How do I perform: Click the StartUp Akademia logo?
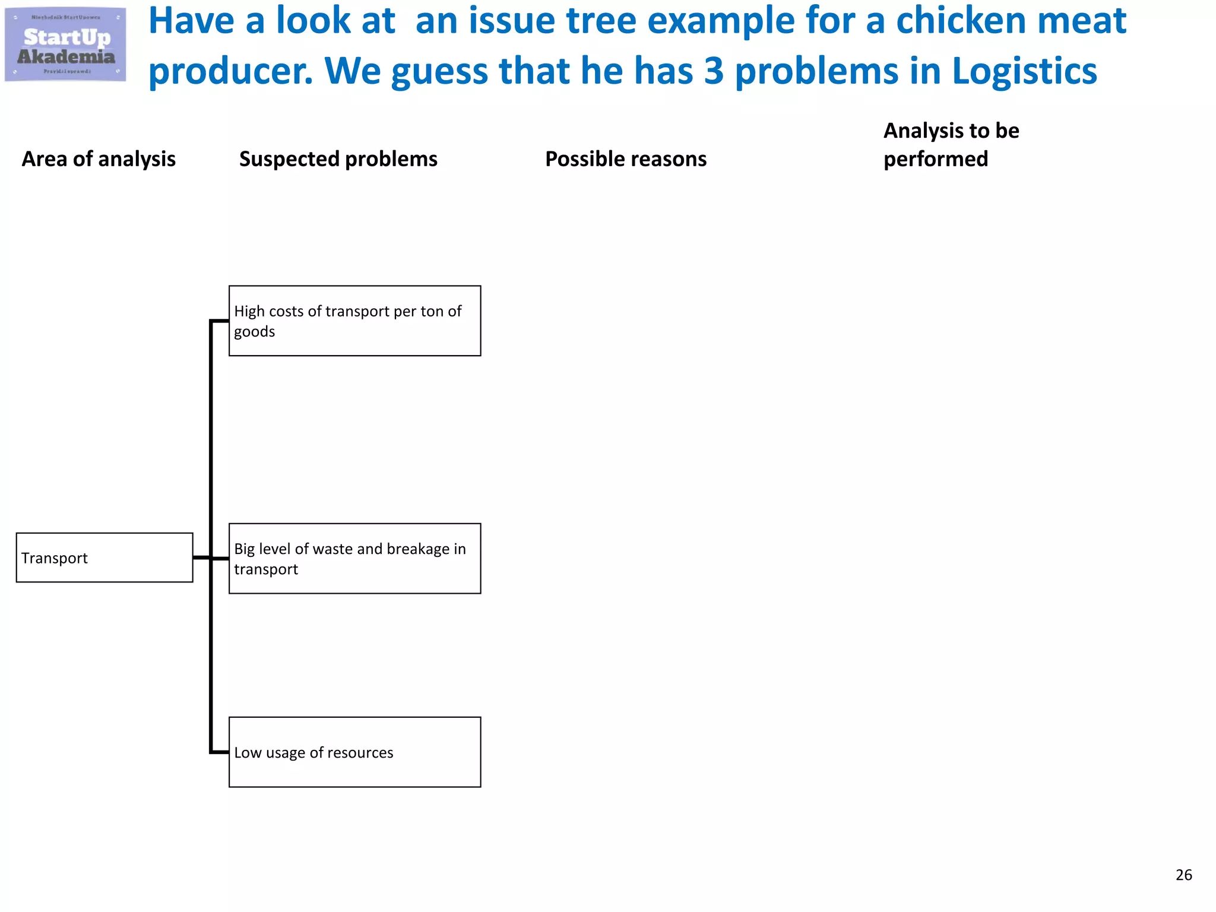point(65,45)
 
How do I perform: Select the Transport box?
point(104,558)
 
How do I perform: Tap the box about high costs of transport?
point(354,321)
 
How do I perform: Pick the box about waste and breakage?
point(354,558)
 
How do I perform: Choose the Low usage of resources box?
point(354,752)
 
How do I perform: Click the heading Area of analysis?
point(99,159)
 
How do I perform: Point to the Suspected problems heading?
point(338,159)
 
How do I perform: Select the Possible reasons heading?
point(626,159)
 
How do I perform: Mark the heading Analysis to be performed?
point(951,145)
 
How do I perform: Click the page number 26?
point(1183,875)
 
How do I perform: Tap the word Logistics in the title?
point(1024,71)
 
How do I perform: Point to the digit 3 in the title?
point(714,71)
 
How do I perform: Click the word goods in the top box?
point(254,332)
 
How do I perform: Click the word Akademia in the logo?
point(66,57)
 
